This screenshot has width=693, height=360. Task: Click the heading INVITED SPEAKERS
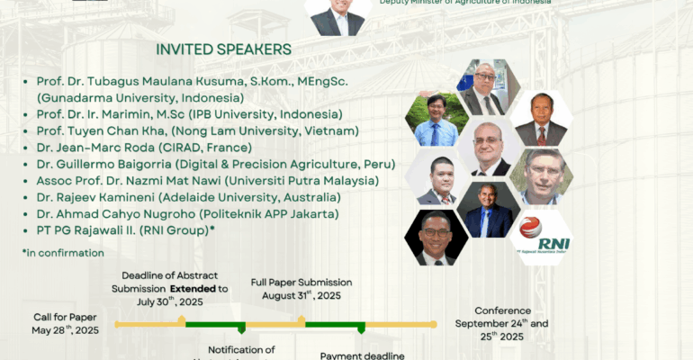pyautogui.click(x=223, y=49)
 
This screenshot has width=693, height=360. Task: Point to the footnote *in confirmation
pyautogui.click(x=63, y=253)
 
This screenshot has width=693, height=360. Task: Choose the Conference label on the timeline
pyautogui.click(x=501, y=310)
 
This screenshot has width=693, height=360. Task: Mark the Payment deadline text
pyautogui.click(x=362, y=355)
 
